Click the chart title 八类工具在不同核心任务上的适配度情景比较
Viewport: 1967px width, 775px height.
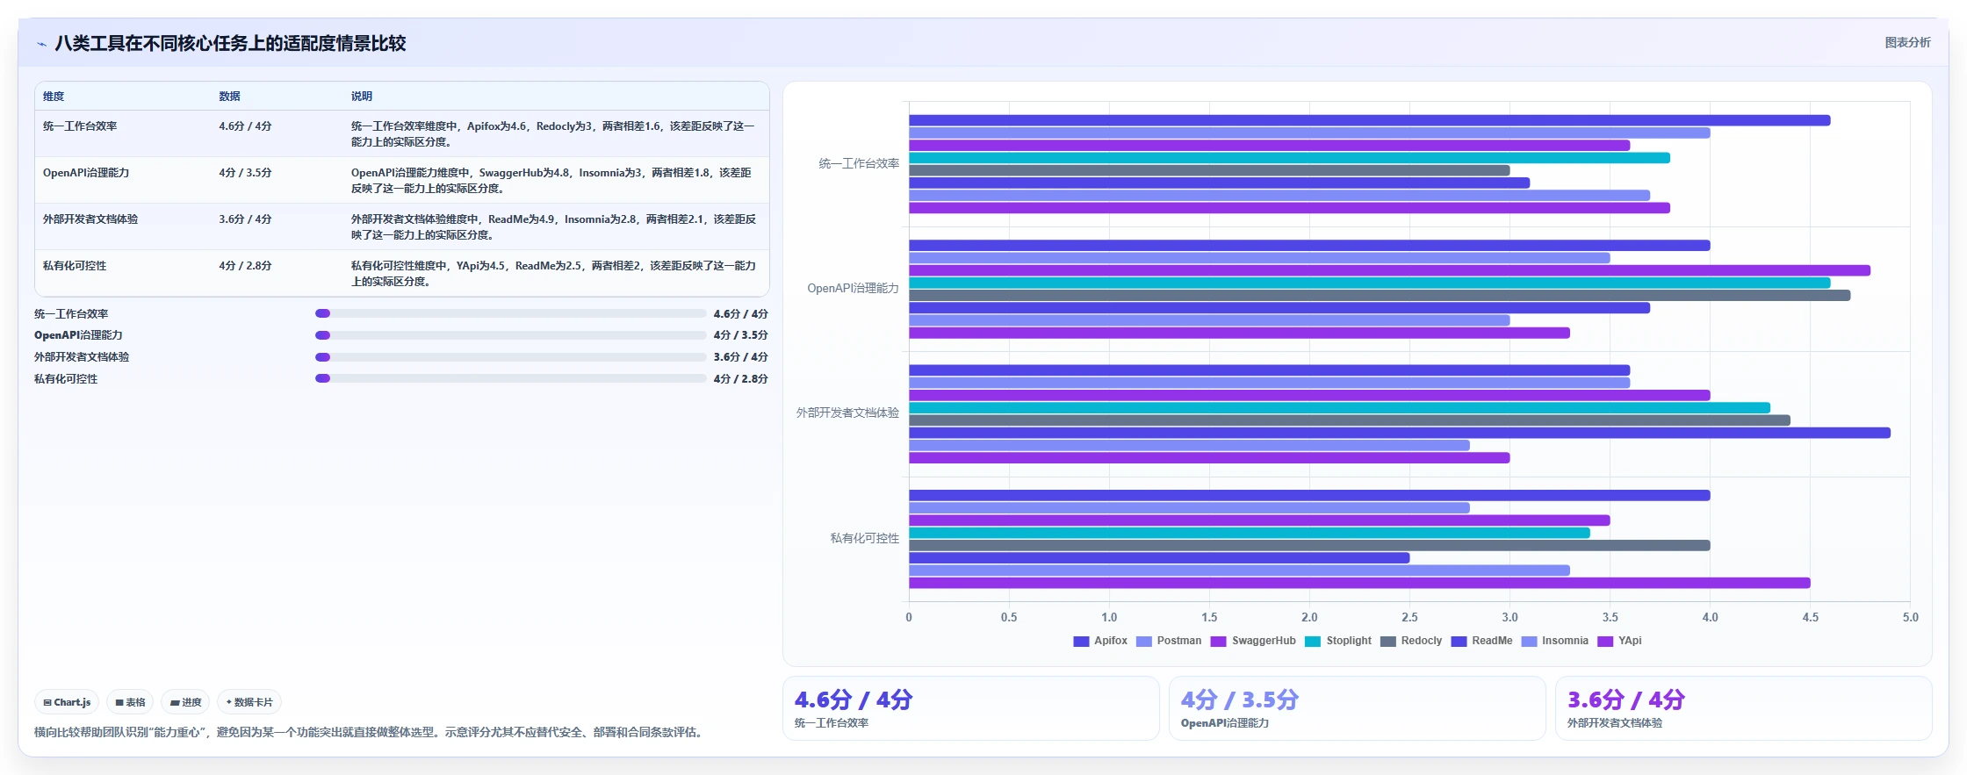click(x=230, y=43)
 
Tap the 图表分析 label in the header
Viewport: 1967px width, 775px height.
click(x=1907, y=42)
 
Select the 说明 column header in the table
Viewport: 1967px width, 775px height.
click(x=362, y=97)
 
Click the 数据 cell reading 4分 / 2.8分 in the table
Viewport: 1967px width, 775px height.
click(x=245, y=266)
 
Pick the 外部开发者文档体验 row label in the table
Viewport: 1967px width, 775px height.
click(x=90, y=219)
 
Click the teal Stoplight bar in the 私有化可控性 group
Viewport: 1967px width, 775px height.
click(x=1249, y=533)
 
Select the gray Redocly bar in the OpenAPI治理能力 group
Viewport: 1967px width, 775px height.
click(x=1380, y=296)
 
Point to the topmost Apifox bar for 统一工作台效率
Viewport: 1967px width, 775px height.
click(x=1369, y=120)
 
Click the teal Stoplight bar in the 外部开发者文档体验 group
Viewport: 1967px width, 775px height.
click(x=1339, y=408)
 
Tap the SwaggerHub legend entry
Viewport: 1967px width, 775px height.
click(x=1253, y=641)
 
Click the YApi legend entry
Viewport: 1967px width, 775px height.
click(x=1619, y=641)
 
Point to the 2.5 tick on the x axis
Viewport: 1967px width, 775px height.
click(x=1409, y=617)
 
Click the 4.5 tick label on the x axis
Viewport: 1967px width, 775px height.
click(x=1810, y=617)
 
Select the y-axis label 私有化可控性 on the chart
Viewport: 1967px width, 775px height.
click(x=864, y=538)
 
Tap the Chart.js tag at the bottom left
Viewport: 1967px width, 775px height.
click(x=67, y=702)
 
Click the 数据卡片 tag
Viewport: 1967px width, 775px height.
click(x=249, y=702)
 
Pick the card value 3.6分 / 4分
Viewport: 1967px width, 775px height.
click(x=1625, y=700)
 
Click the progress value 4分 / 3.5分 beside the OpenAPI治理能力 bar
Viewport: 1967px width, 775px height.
click(x=740, y=335)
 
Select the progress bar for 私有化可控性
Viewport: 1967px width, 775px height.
click(x=510, y=378)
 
